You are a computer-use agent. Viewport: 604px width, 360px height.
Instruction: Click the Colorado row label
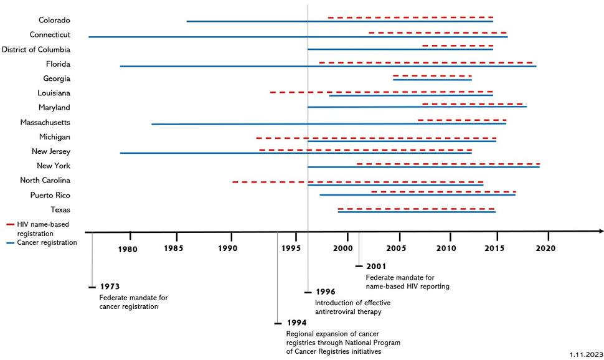point(54,20)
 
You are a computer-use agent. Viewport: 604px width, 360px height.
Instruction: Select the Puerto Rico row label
point(50,195)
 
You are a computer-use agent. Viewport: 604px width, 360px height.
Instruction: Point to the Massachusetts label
point(45,122)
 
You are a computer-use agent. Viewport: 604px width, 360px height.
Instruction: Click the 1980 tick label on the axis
point(128,249)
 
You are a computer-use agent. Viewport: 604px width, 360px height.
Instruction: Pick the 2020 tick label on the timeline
point(545,248)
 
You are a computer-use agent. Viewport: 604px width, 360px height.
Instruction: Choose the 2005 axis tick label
point(397,248)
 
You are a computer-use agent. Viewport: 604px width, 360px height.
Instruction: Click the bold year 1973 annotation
point(110,287)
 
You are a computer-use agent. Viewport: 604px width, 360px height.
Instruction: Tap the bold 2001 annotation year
point(376,266)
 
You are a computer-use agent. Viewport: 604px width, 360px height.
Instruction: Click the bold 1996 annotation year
point(325,291)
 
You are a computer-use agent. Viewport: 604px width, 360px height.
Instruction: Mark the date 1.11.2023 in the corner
point(585,354)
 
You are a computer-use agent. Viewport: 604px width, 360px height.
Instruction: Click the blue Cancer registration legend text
point(47,242)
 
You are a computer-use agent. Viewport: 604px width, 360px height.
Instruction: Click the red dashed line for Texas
point(415,209)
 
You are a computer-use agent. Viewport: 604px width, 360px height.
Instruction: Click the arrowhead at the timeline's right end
point(600,231)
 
